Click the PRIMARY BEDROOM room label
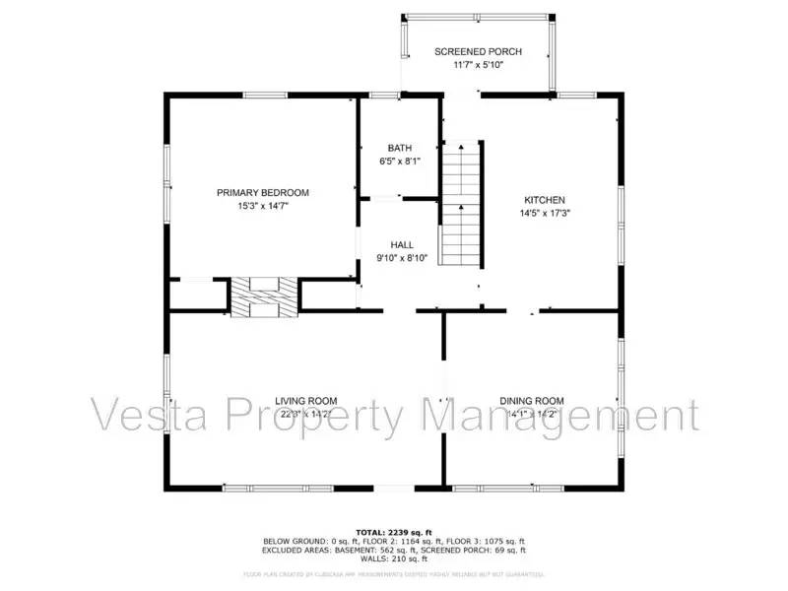pyautogui.click(x=263, y=193)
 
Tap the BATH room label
pyautogui.click(x=399, y=149)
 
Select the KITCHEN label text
pyautogui.click(x=545, y=199)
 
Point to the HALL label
pyautogui.click(x=402, y=244)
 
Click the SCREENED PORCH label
pyautogui.click(x=479, y=52)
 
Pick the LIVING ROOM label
pyautogui.click(x=305, y=401)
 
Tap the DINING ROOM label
pyautogui.click(x=532, y=401)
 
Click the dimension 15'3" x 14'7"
pyautogui.click(x=263, y=207)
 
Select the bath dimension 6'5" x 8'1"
pyautogui.click(x=399, y=163)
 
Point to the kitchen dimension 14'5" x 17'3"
pyautogui.click(x=545, y=213)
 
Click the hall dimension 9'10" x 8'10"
pyautogui.click(x=402, y=258)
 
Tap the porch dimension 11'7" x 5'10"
pyautogui.click(x=479, y=66)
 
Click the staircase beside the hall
pyautogui.click(x=460, y=203)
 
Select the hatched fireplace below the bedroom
pyautogui.click(x=263, y=296)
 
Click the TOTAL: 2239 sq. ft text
pyautogui.click(x=393, y=532)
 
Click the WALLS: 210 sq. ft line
pyautogui.click(x=393, y=558)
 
